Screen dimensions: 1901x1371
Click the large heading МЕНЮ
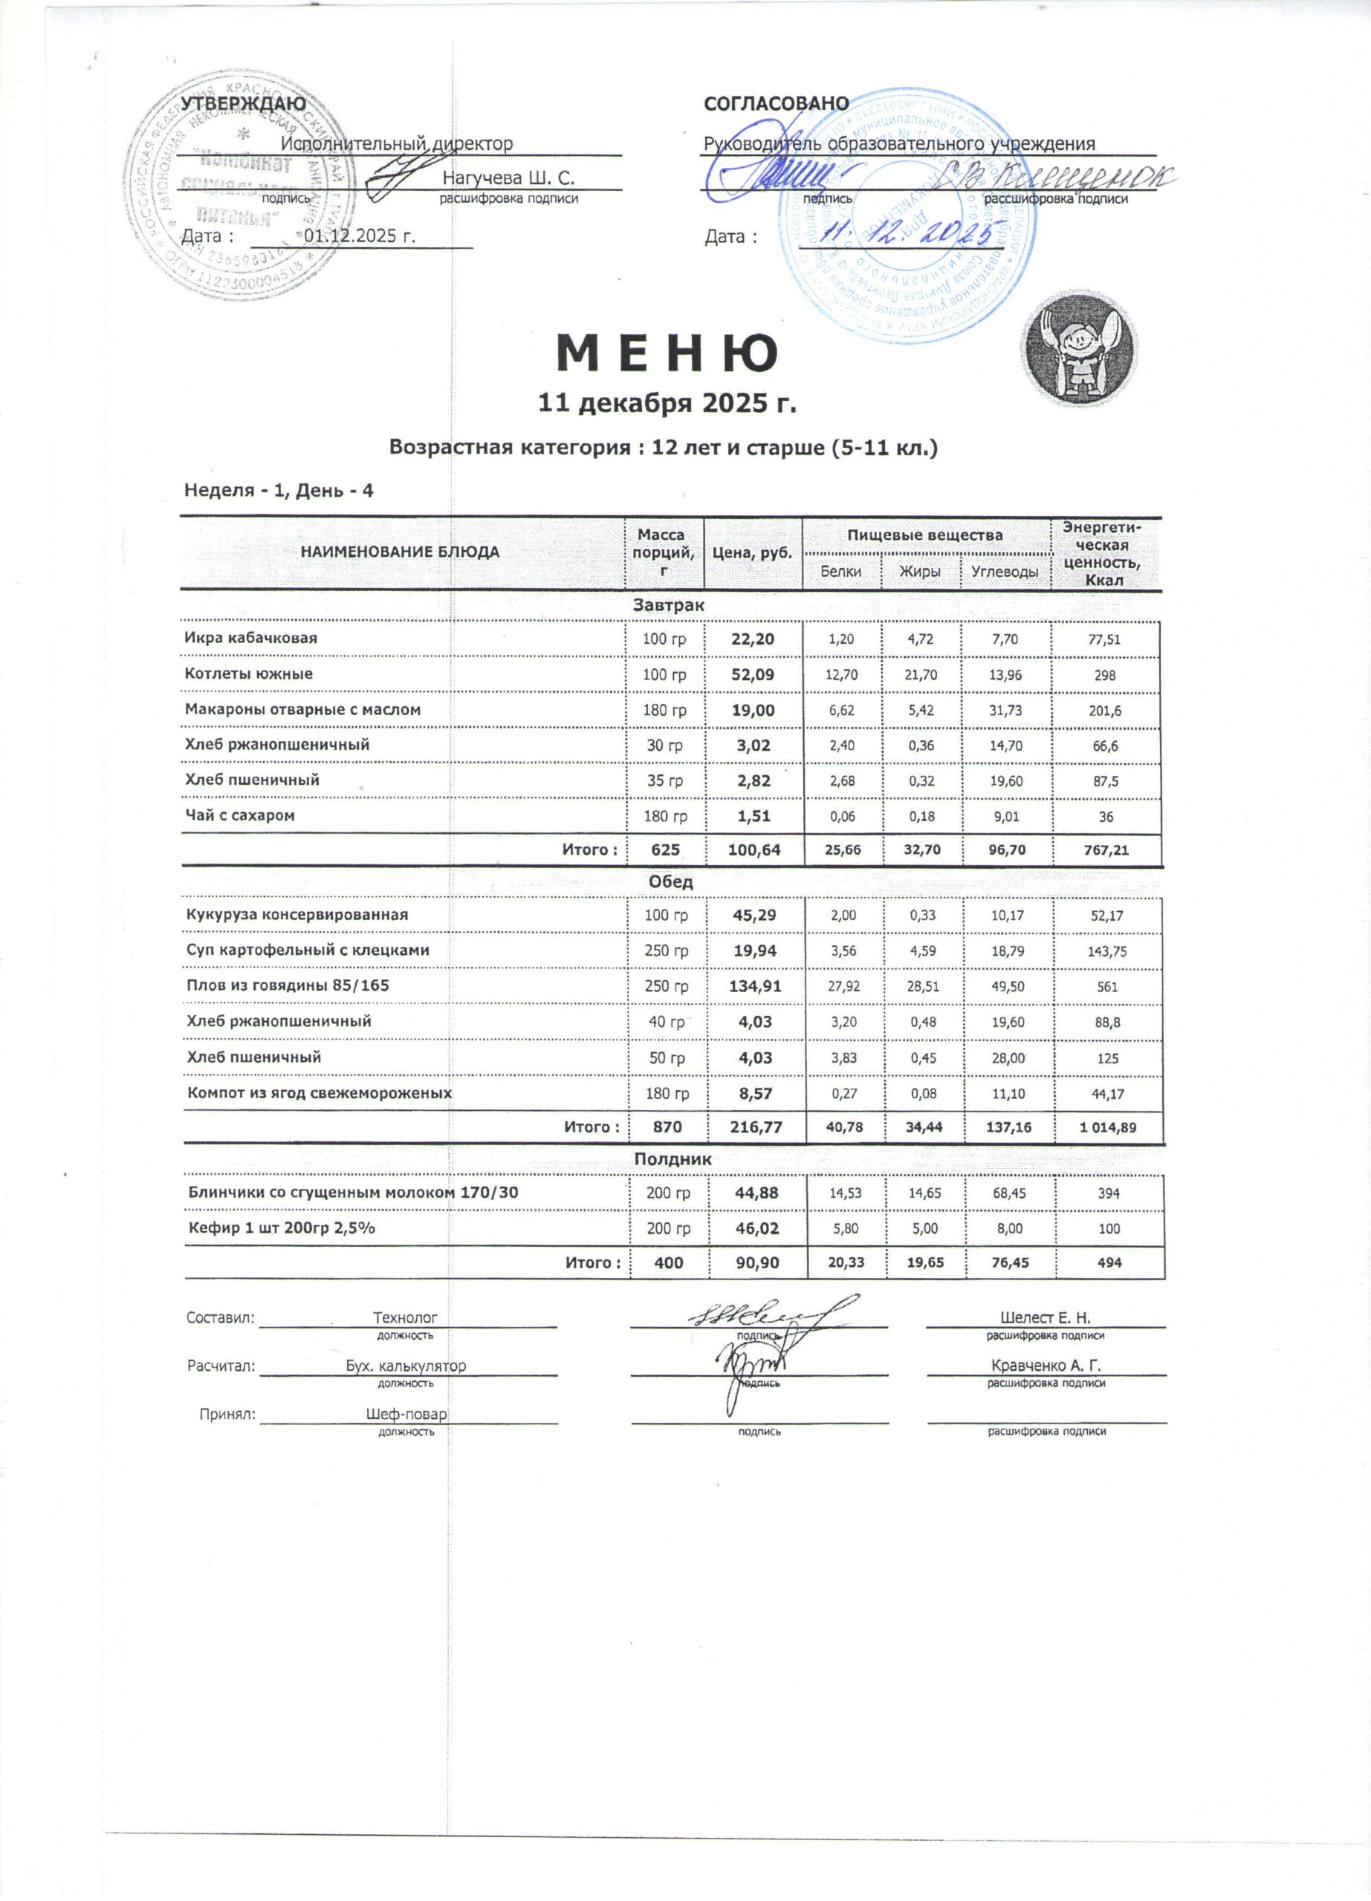pyautogui.click(x=667, y=353)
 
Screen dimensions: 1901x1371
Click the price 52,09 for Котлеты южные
pyautogui.click(x=753, y=674)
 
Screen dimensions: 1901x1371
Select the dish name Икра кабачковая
pyautogui.click(x=250, y=638)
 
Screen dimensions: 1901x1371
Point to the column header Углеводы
pyautogui.click(x=1005, y=572)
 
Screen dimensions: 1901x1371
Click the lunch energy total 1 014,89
pyautogui.click(x=1108, y=1127)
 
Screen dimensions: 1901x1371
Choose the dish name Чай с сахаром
pyautogui.click(x=240, y=815)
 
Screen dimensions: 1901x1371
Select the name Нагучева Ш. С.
pyautogui.click(x=508, y=177)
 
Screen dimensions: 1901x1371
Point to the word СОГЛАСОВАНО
pyautogui.click(x=776, y=103)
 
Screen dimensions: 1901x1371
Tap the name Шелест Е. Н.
pyautogui.click(x=1046, y=1317)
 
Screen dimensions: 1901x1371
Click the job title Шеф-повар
pyautogui.click(x=406, y=1414)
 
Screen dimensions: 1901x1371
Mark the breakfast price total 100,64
pyautogui.click(x=753, y=850)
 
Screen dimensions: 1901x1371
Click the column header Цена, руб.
pyautogui.click(x=753, y=552)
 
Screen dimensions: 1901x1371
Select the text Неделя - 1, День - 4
pyautogui.click(x=279, y=489)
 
